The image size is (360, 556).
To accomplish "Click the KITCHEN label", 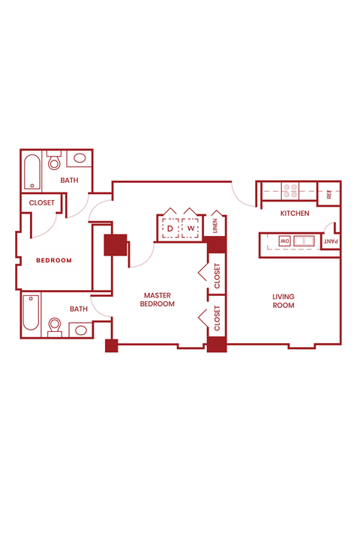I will (295, 214).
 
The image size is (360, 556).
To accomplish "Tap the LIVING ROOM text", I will (283, 301).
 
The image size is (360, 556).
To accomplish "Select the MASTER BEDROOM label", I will (159, 300).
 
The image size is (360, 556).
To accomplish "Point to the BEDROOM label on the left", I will (54, 261).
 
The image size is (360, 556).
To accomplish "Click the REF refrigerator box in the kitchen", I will (329, 193).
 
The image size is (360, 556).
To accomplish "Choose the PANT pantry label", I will (330, 241).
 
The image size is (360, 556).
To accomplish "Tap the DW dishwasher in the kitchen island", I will (285, 241).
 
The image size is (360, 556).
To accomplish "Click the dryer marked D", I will (170, 228).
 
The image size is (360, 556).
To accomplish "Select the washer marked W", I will (190, 228).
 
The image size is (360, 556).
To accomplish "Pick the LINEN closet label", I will (215, 226).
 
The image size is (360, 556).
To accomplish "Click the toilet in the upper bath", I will (54, 161).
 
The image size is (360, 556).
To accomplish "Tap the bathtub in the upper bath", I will (31, 171).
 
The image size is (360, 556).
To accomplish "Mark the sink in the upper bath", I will (79, 159).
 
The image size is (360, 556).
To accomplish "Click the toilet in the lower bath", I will (54, 326).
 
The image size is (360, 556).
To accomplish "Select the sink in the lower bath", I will (79, 329).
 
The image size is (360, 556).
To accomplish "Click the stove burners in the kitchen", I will (289, 190).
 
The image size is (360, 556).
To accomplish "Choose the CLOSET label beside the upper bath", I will (41, 203).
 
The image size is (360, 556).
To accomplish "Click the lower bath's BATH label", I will (79, 309).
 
